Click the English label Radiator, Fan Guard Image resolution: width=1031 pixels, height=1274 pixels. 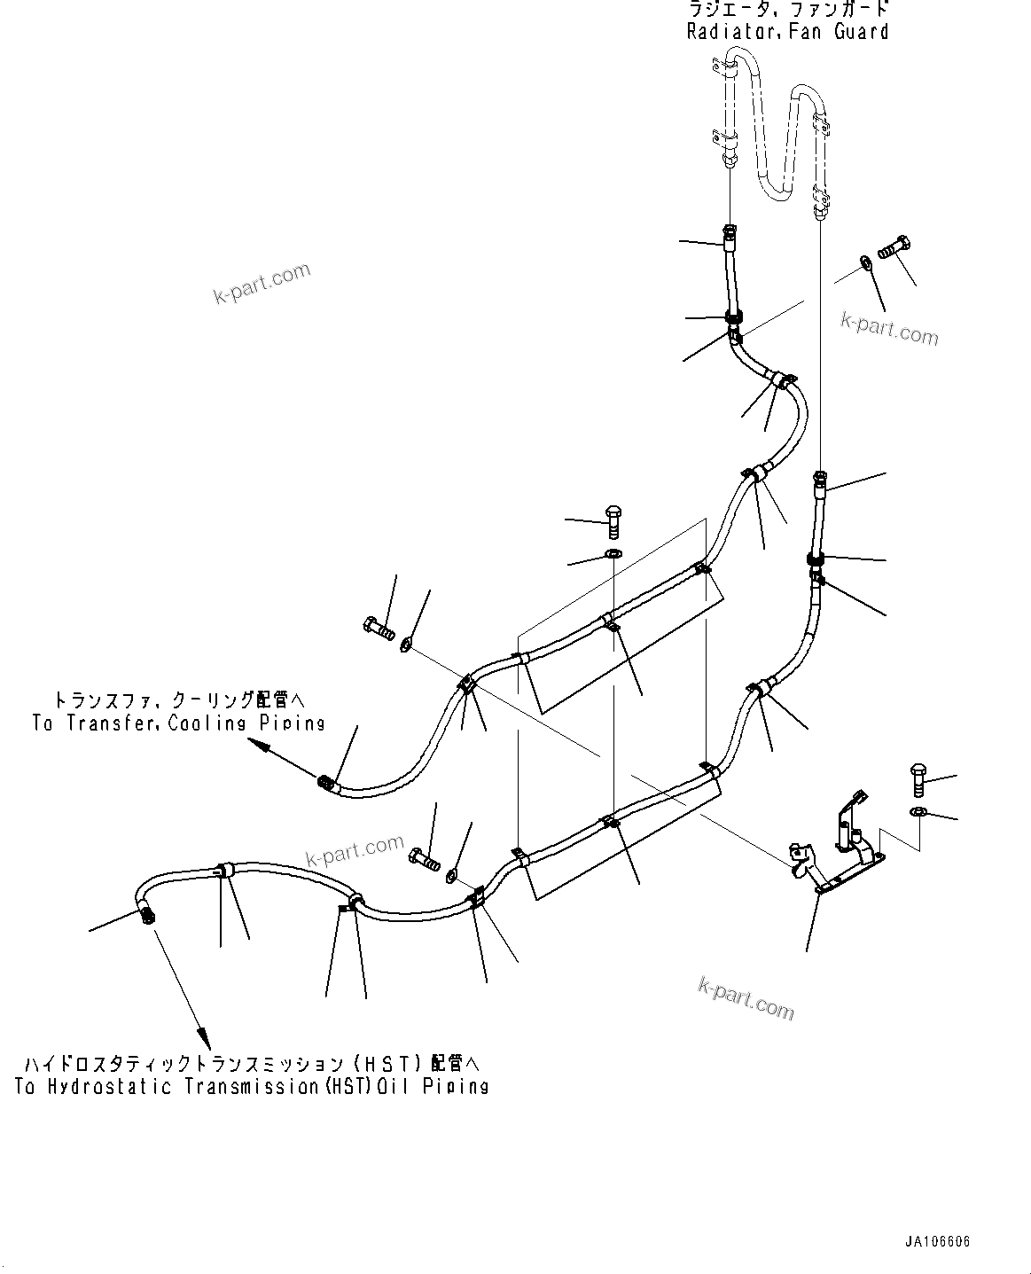(x=787, y=32)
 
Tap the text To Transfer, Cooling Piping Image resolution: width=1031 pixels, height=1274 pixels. (x=178, y=723)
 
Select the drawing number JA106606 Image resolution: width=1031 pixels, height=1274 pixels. (x=938, y=1241)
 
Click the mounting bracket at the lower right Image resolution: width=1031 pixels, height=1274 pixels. (x=838, y=851)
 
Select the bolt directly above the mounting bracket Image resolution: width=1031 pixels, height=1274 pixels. (x=918, y=779)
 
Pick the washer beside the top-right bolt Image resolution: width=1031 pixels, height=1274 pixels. (x=865, y=262)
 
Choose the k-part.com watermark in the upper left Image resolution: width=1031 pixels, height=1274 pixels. (x=262, y=282)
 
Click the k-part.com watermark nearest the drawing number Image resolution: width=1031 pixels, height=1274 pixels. (x=746, y=998)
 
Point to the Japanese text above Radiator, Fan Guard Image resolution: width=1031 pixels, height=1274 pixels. (x=787, y=11)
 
